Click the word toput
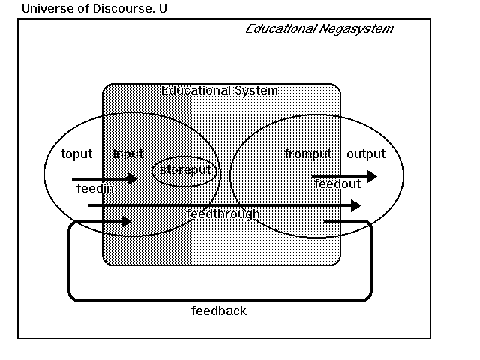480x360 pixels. click(76, 154)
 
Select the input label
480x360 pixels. click(128, 154)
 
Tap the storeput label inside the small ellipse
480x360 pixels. click(185, 171)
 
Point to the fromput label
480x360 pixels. click(308, 154)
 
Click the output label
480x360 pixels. click(366, 154)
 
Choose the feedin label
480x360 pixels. click(95, 189)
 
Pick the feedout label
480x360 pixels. click(337, 184)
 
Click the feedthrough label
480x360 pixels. click(223, 214)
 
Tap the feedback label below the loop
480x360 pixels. click(219, 310)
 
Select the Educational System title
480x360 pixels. click(220, 91)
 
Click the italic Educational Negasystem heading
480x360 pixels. click(319, 29)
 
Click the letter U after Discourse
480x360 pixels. click(163, 9)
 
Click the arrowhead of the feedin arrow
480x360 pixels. click(132, 178)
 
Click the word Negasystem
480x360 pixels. click(356, 29)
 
